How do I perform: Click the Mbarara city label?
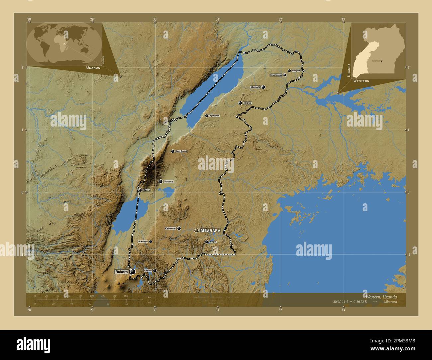point(210,230)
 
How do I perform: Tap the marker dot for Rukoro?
point(133,272)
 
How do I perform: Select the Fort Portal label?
point(181,151)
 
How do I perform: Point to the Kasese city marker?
point(161,182)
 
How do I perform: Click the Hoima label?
point(248,103)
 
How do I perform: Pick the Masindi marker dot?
point(263,87)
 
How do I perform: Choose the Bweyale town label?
point(296,71)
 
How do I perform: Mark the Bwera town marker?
point(140,190)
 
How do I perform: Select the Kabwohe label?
point(170,228)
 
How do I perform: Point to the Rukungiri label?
point(143,241)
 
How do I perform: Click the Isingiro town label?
point(213,242)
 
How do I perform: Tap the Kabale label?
point(148,271)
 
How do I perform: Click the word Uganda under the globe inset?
point(93,67)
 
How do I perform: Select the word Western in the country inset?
point(361,81)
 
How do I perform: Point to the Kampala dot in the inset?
point(381,61)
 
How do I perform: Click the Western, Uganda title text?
point(381,297)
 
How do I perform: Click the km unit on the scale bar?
point(150,297)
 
